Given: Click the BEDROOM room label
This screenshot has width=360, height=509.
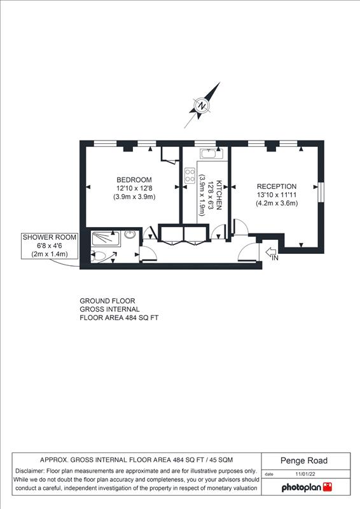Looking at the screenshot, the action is (x=134, y=180).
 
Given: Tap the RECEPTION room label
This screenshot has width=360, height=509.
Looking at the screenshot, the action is (x=277, y=186).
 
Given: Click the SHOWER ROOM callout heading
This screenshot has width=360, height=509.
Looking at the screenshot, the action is (x=50, y=237).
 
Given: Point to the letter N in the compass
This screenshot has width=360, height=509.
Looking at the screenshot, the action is (x=202, y=106).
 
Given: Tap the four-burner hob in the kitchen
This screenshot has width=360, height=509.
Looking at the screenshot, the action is (x=190, y=176).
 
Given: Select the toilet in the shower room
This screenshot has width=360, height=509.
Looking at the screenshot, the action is (x=98, y=256).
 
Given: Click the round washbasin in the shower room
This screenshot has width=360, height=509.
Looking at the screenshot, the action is (x=130, y=234).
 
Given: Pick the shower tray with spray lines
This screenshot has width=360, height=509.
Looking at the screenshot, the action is (x=106, y=239).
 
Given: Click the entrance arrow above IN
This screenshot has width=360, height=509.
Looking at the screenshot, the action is (x=270, y=251).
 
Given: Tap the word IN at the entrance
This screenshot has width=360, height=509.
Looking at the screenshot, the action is (x=275, y=258).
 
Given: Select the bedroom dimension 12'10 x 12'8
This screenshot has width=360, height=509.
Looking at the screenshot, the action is (x=134, y=188).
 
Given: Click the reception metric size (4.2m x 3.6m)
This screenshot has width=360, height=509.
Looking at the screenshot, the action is (x=277, y=204).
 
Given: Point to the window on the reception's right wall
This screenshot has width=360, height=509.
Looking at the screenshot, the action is (x=321, y=192).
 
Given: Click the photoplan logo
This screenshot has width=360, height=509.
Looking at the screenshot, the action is (x=307, y=487).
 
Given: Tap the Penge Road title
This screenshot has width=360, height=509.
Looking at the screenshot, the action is (x=304, y=461).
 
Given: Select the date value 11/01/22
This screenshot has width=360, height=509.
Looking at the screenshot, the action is (x=305, y=474).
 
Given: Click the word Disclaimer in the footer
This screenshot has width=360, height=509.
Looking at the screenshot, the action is (x=30, y=471).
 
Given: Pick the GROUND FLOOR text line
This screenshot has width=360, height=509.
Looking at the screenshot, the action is (x=107, y=301).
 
